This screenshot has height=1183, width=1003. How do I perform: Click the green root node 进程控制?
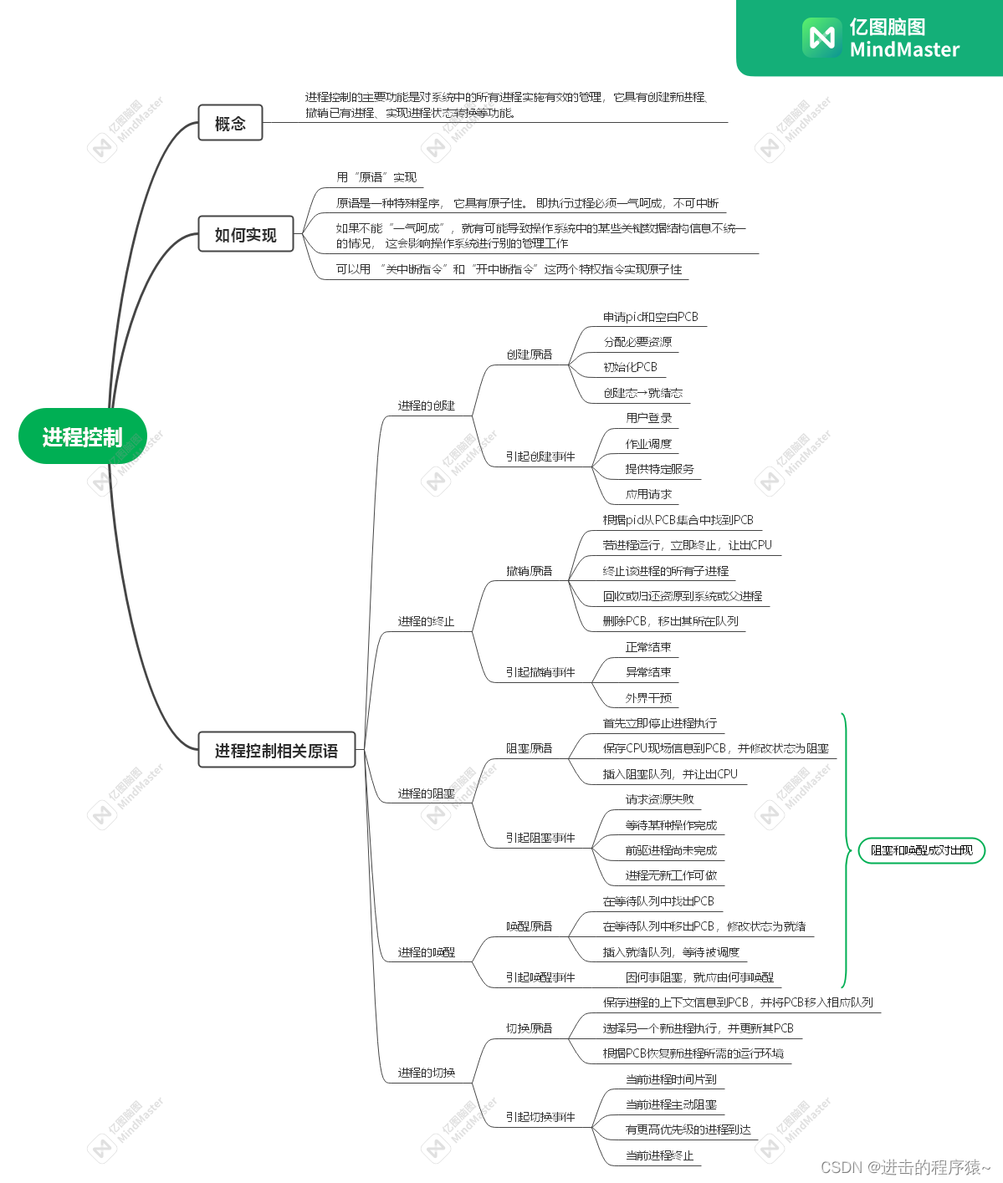coord(82,436)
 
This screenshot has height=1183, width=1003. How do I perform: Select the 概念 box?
coord(230,123)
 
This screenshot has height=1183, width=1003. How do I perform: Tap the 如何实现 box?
coord(245,234)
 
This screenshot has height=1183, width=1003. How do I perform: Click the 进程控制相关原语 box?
coord(276,750)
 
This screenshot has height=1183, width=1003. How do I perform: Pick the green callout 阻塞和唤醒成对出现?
coord(922,850)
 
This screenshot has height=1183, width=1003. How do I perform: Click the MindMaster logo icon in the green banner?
coord(821,38)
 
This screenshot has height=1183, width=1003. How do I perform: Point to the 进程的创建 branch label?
coord(426,405)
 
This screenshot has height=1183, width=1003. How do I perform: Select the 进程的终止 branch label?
coord(426,621)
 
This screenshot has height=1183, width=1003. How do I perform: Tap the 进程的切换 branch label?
coord(426,1073)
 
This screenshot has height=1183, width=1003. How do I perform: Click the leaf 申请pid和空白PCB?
coord(650,317)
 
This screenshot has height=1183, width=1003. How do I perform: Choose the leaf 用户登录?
coord(648,418)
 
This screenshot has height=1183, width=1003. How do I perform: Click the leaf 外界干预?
coord(648,697)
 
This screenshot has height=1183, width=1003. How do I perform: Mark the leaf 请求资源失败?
coord(659,799)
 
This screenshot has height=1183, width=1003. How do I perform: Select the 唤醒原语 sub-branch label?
coord(529,926)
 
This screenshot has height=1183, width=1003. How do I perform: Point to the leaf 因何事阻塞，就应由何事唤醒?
coord(699,977)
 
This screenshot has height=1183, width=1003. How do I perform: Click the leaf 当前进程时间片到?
coord(671,1079)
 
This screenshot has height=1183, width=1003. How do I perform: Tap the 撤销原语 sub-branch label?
coord(529,571)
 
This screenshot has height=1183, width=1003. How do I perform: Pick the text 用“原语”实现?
coord(376,177)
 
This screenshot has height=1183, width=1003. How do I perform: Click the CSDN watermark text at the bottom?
coord(905,1167)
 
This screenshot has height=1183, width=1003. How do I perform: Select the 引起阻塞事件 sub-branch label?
coord(540,838)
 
